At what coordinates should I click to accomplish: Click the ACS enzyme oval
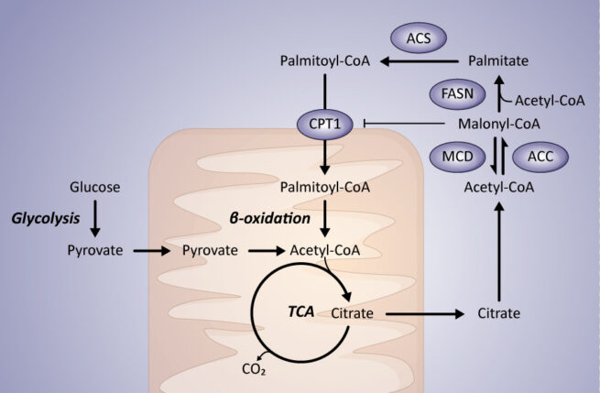pyautogui.click(x=419, y=39)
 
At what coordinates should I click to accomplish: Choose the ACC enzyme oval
pyautogui.click(x=540, y=155)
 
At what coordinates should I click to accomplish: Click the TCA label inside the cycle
pyautogui.click(x=300, y=311)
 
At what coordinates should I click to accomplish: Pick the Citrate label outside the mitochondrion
pyautogui.click(x=499, y=313)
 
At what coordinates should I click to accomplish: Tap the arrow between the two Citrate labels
pyautogui.click(x=422, y=313)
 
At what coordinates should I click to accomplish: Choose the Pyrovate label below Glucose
pyautogui.click(x=94, y=249)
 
